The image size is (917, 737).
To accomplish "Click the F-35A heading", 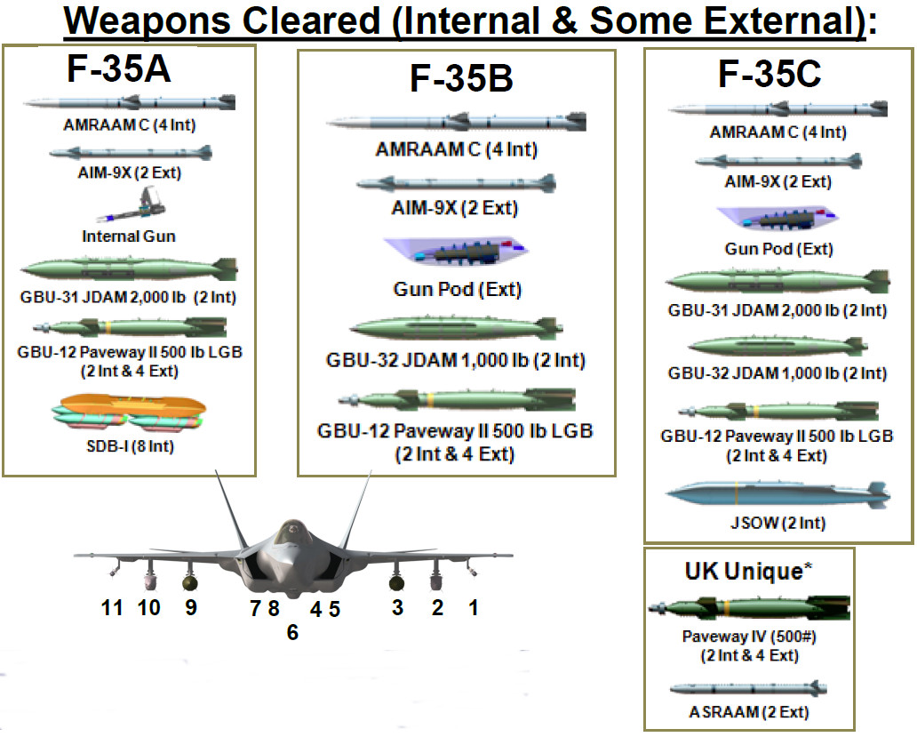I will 118,70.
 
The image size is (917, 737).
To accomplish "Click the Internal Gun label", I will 129,236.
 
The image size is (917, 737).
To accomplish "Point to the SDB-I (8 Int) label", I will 130,445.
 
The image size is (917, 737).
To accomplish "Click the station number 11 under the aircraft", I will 112,608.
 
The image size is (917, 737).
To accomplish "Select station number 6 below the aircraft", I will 293,633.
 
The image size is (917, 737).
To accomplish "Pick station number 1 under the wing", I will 474,608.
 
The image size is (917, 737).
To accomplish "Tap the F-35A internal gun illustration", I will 144,210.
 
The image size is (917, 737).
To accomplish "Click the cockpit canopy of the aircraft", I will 290,533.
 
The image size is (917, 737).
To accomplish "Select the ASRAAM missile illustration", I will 749,689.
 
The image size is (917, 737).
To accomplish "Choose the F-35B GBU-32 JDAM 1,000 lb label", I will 457,361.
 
